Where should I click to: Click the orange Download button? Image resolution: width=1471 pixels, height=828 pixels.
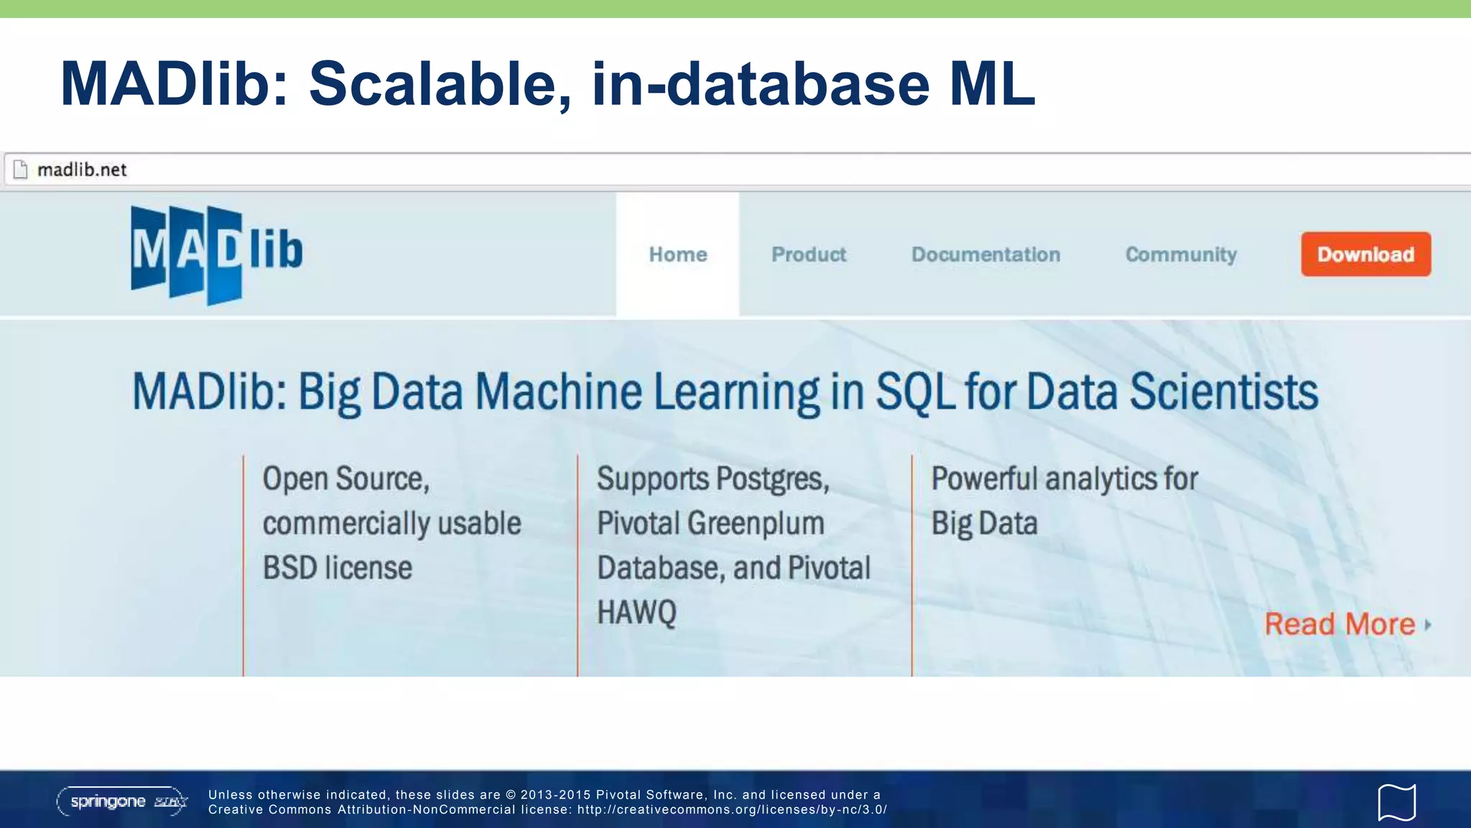(1365, 254)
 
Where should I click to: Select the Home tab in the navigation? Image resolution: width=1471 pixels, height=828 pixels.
(677, 254)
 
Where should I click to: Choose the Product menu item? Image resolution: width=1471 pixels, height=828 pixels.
(809, 254)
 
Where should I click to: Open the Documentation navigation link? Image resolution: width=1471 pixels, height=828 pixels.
(985, 254)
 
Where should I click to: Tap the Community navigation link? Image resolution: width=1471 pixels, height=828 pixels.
(1181, 254)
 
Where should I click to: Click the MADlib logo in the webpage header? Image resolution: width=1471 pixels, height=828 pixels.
(216, 254)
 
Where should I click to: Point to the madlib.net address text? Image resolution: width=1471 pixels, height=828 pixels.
(82, 170)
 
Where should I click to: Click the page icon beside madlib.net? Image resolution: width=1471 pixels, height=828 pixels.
(21, 170)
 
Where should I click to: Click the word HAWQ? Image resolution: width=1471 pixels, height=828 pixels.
(636, 612)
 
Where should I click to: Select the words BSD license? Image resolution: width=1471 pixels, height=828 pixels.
(337, 568)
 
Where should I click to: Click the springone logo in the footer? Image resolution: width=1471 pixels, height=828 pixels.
(121, 801)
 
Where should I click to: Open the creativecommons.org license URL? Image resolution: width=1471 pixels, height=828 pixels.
(732, 810)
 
